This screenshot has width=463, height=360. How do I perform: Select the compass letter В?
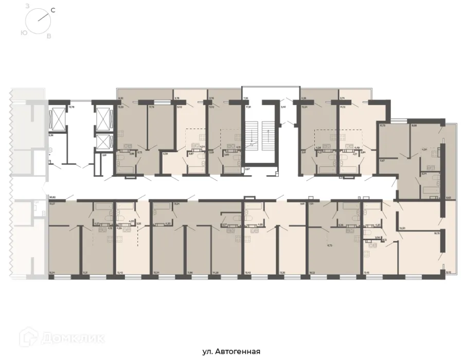point(49,36)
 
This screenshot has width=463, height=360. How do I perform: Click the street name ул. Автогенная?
point(231,352)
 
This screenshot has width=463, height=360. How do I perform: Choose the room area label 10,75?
point(382,125)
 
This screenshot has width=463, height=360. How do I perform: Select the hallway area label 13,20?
point(403,228)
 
